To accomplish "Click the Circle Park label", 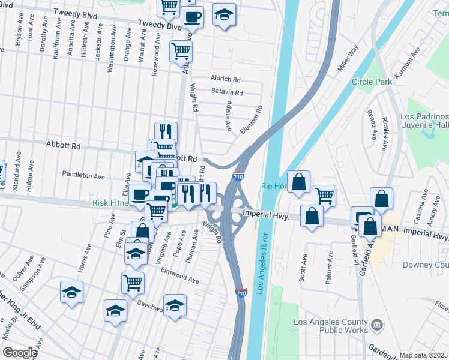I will coord(372,82).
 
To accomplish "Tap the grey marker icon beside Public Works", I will coord(376,325).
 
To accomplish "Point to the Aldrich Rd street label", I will coord(225,79).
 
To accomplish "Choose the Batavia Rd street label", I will coord(226,93).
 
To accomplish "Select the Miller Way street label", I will coord(348,58).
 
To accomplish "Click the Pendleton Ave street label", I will coord(83,176).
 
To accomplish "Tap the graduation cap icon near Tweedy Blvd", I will coord(224,16).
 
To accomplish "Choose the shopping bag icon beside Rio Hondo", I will coord(298,182).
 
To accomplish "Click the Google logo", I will coord(20,353).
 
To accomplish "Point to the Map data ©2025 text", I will coord(423,355).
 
